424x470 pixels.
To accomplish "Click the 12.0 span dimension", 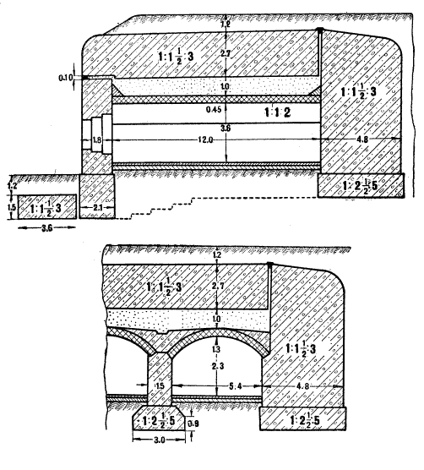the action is (x=205, y=139).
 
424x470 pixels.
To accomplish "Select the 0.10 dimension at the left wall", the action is (x=65, y=78).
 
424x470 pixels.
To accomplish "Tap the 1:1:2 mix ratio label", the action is (x=277, y=112).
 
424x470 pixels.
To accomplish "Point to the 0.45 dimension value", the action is (x=214, y=109).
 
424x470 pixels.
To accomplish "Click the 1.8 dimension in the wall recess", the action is (x=96, y=139).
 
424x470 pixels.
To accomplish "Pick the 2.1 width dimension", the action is (x=98, y=207).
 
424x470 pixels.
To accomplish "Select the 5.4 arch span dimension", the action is (x=235, y=386).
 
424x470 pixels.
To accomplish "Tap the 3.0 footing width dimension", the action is (x=159, y=440).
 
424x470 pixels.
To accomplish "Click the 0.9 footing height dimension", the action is (x=194, y=424).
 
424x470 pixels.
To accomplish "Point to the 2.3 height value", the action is (x=218, y=366).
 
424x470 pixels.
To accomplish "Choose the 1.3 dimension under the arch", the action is (x=216, y=349).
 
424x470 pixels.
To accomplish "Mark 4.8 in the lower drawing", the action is (x=302, y=386).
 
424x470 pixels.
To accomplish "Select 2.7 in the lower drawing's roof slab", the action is (x=218, y=286).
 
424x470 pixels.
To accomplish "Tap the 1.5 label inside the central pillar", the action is (x=160, y=385).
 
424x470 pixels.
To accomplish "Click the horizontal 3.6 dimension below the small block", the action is (x=46, y=228).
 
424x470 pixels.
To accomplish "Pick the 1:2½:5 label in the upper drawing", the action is (x=360, y=186).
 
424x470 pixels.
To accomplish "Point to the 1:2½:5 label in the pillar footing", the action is (x=159, y=422).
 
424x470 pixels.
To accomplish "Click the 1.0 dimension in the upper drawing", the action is (x=225, y=87).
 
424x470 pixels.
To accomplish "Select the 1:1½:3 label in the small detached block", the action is (x=46, y=208).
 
